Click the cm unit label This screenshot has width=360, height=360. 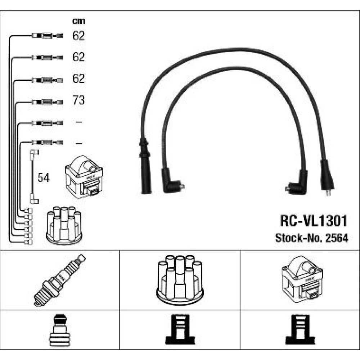[x=78, y=21]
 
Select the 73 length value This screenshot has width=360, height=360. [x=78, y=100]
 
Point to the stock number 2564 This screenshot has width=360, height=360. [x=337, y=238]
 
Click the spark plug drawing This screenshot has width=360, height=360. [x=60, y=280]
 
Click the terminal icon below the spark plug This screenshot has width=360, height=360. [x=60, y=330]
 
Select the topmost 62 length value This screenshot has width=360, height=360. [x=78, y=36]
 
